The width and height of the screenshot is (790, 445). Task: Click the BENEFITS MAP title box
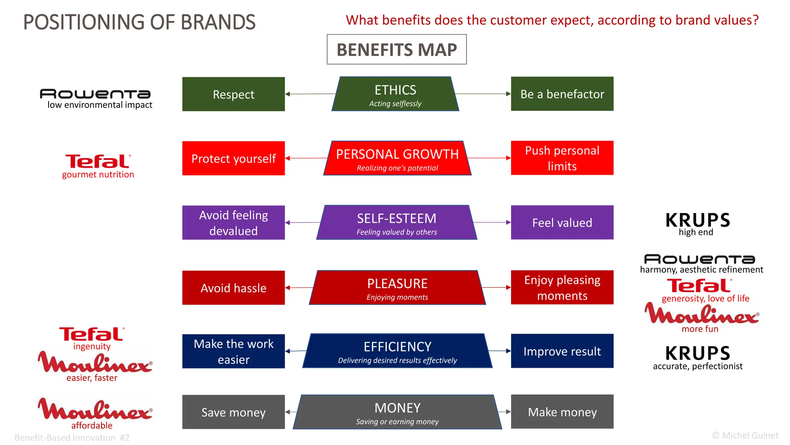coord(397,49)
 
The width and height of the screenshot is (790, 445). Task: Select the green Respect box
coord(233,94)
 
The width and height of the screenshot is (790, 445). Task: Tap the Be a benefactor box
coord(562,94)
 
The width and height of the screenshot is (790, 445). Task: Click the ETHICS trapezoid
coord(395,94)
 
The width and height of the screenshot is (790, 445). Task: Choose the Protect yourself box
coord(233,158)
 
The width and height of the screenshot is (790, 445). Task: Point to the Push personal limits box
coord(562,158)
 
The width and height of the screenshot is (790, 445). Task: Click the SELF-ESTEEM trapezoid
coord(397,223)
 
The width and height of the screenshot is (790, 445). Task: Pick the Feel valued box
coord(562,222)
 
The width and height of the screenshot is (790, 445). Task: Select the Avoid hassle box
coord(233,288)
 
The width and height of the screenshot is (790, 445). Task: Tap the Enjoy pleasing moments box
coord(562,287)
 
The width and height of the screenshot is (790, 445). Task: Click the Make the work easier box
coord(233,351)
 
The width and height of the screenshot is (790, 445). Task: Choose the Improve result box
coord(562,351)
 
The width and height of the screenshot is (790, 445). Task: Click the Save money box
coord(233,412)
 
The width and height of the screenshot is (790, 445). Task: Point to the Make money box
coord(562,412)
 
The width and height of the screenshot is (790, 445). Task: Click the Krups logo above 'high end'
coord(697,220)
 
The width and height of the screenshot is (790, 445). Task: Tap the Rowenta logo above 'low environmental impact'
coord(95,94)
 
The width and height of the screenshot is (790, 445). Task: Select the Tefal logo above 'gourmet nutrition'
coord(98,161)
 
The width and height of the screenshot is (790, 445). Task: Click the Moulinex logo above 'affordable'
coord(95,410)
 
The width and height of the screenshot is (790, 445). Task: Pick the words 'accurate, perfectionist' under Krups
coord(697,366)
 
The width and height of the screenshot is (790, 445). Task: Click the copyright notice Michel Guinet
coord(745,436)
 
